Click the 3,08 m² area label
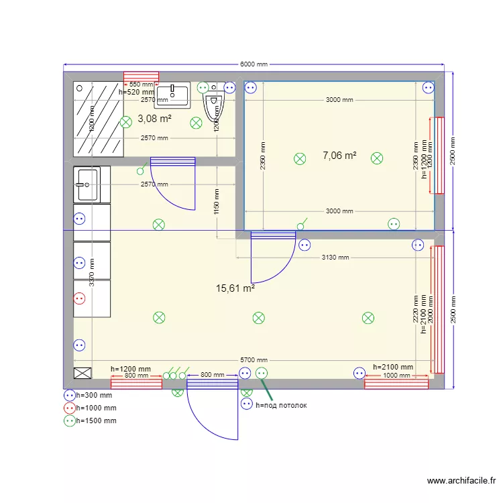154,119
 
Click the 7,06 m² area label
339,156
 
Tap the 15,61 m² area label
235,288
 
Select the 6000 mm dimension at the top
254,64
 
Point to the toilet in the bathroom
214,105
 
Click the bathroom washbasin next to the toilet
172,95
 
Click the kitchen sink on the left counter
87,184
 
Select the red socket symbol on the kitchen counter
80,300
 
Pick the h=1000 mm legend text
97,408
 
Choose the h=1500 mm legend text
97,421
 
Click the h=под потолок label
281,405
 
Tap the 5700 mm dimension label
254,360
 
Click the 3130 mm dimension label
335,257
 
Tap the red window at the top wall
141,76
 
